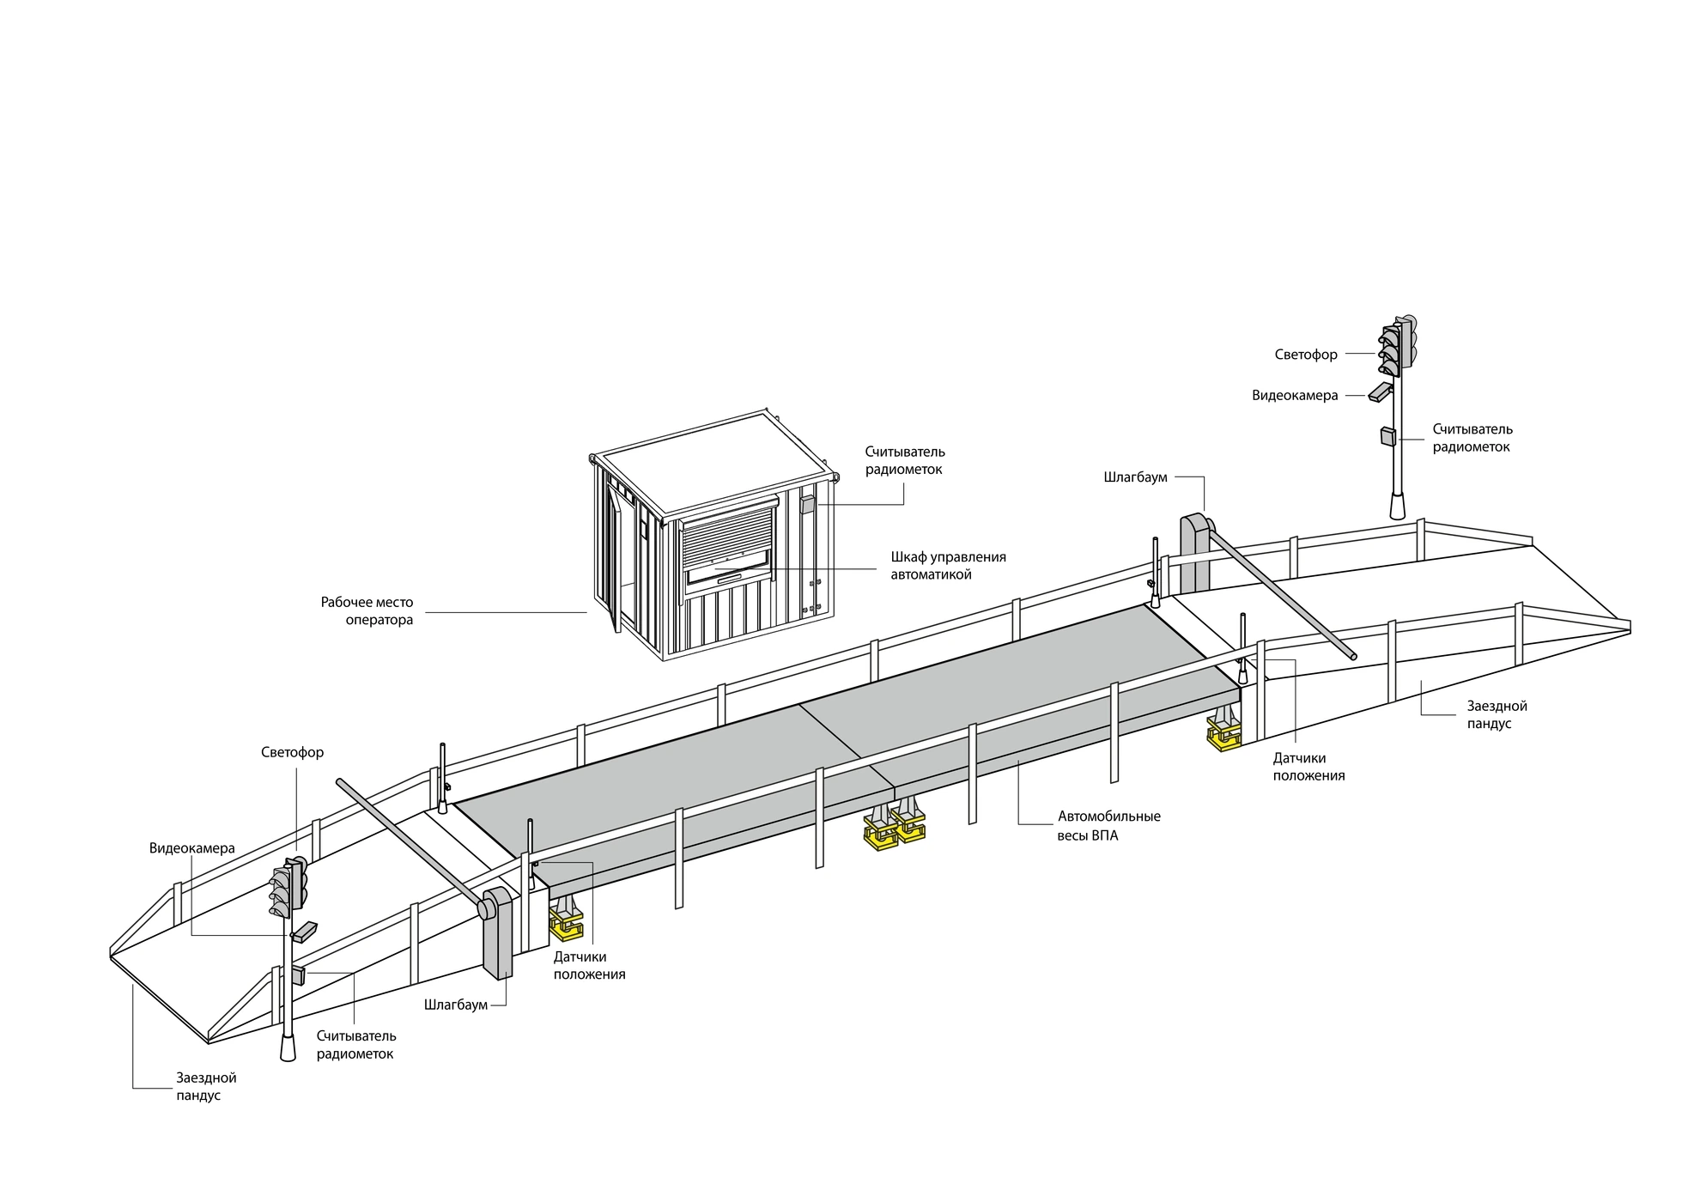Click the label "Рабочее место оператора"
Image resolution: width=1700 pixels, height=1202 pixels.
[x=367, y=611]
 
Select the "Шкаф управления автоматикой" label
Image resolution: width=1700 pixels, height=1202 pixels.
[x=948, y=566]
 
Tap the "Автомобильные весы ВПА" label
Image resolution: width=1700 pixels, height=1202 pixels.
[x=1108, y=826]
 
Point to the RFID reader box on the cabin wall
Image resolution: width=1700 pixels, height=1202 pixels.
[x=807, y=503]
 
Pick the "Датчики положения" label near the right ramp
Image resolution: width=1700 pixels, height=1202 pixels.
[x=1308, y=767]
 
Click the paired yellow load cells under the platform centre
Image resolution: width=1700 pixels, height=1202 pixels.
[x=895, y=828]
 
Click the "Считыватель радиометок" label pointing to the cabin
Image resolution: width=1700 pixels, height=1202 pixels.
[x=905, y=460]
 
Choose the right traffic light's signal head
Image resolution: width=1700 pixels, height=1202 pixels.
[x=1399, y=345]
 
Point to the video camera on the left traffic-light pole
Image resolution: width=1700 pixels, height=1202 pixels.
[x=304, y=932]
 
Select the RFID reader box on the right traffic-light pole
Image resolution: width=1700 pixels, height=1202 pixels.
[x=1387, y=437]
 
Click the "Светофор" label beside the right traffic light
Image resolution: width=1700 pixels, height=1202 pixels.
[x=1306, y=355]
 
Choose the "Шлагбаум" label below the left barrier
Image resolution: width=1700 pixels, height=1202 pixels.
[x=455, y=1005]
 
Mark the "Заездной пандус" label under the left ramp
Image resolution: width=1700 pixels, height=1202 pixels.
[x=206, y=1086]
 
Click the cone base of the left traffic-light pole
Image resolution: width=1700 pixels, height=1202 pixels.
[x=288, y=1047]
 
